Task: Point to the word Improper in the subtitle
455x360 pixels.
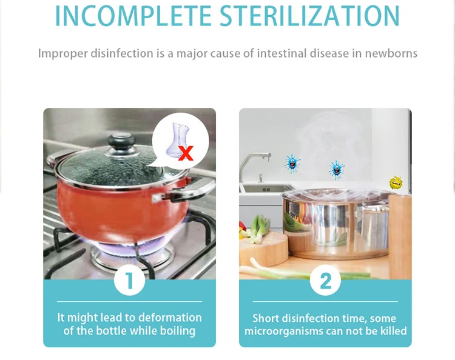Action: pyautogui.click(x=63, y=53)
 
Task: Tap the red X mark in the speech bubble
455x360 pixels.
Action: pyautogui.click(x=186, y=152)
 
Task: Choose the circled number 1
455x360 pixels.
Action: pyautogui.click(x=129, y=281)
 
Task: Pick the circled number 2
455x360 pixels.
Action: pyautogui.click(x=325, y=281)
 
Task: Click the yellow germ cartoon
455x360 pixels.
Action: pyautogui.click(x=396, y=182)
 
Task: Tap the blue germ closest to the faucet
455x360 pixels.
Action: pyautogui.click(x=292, y=163)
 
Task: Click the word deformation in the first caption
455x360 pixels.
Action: pyautogui.click(x=170, y=318)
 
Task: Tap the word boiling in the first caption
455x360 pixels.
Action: pyautogui.click(x=177, y=331)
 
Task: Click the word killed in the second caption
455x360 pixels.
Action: pyautogui.click(x=391, y=331)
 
